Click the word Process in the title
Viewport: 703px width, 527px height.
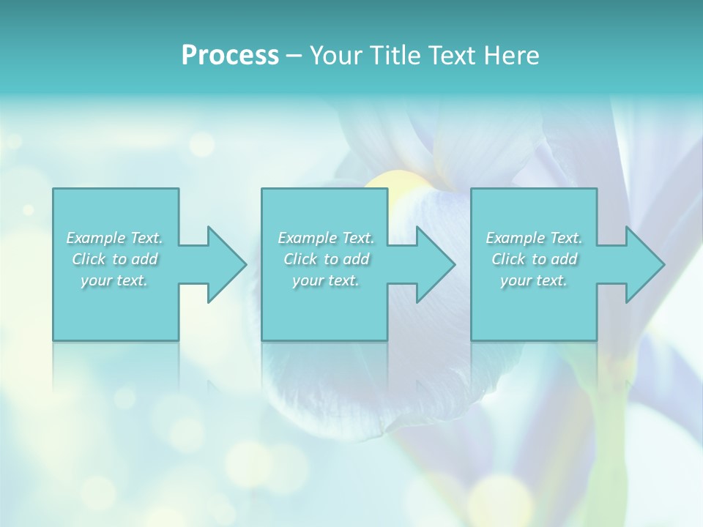pos(230,56)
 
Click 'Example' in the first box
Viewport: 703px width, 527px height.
pos(96,238)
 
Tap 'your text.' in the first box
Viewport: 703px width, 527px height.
pos(114,280)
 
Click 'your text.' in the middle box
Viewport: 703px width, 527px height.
pos(326,280)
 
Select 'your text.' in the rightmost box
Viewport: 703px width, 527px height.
pos(534,280)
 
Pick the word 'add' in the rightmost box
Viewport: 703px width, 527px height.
pos(565,259)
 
